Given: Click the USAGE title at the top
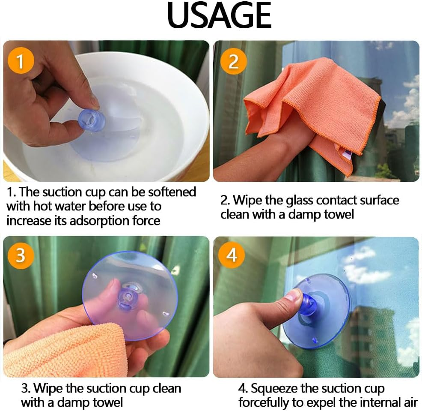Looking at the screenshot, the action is [x=219, y=15].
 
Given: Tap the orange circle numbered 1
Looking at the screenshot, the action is [x=21, y=60].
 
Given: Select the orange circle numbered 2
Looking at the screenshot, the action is [x=233, y=61].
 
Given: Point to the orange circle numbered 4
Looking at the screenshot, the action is [x=232, y=255].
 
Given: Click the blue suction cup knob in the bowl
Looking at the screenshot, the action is [x=92, y=120].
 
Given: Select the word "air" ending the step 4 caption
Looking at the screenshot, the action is [x=409, y=403].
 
